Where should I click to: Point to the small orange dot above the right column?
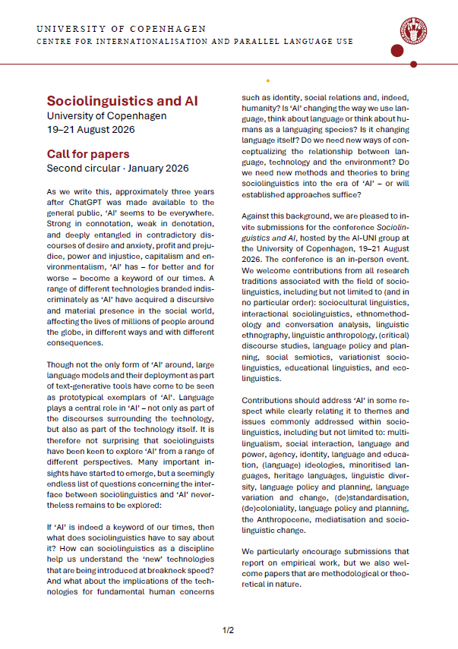[267, 80]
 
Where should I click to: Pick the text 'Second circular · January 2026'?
[117, 168]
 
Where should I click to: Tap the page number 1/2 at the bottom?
[228, 630]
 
